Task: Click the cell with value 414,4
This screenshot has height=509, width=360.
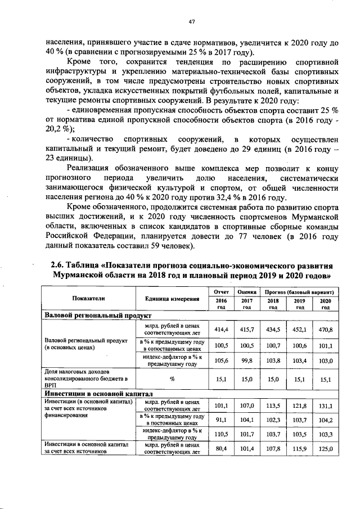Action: [220, 329]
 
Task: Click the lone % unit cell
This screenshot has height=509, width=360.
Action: [172, 379]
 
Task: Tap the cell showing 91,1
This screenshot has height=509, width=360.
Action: [220, 420]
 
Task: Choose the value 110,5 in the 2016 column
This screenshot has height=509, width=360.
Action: [220, 434]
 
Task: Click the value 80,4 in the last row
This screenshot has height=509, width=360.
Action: [220, 448]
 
